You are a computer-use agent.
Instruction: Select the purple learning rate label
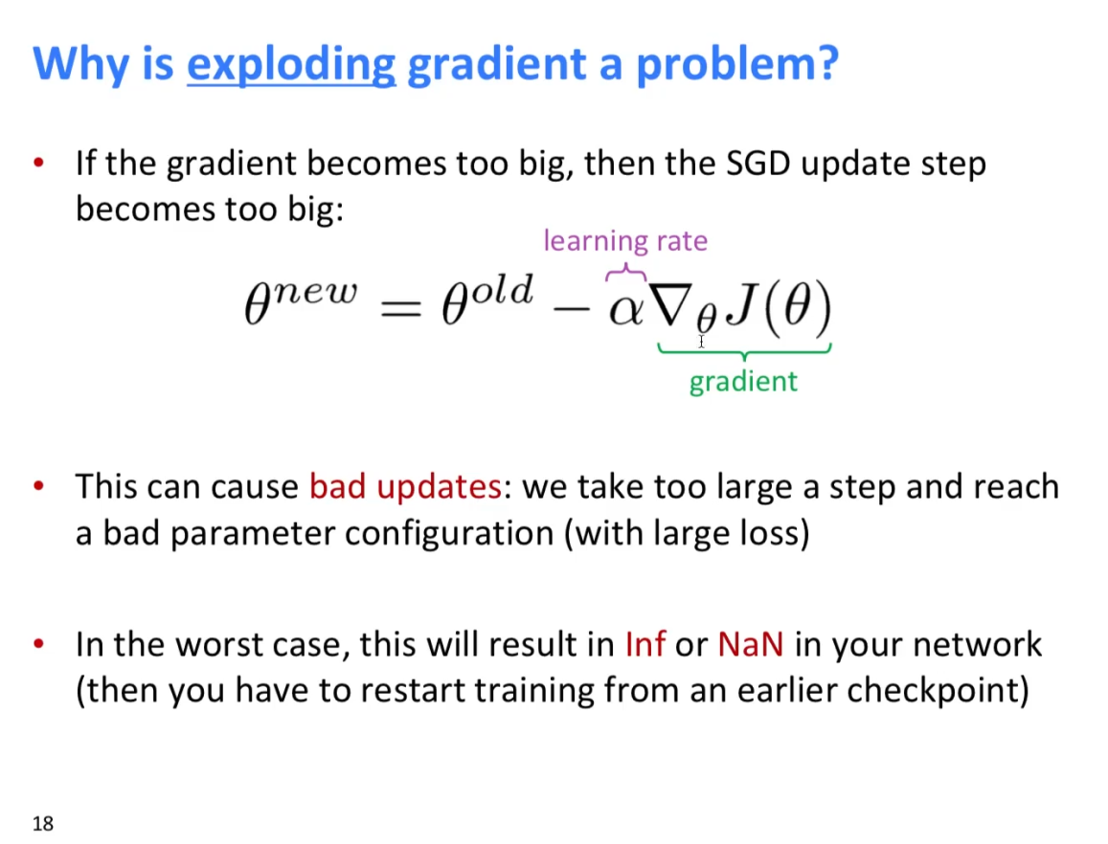[625, 241]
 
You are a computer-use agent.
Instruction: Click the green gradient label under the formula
[743, 382]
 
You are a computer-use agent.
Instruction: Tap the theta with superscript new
[301, 300]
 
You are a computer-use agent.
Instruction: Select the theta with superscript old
[486, 299]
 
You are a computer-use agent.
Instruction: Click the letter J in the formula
[742, 304]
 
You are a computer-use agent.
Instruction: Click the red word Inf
[645, 643]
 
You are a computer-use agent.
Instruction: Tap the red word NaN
[751, 643]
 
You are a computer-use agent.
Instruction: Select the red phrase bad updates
[406, 486]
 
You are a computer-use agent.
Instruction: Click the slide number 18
[42, 824]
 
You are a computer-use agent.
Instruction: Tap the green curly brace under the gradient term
[745, 350]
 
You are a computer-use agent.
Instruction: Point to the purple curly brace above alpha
[625, 272]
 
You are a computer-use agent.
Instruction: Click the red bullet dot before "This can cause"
[39, 486]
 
